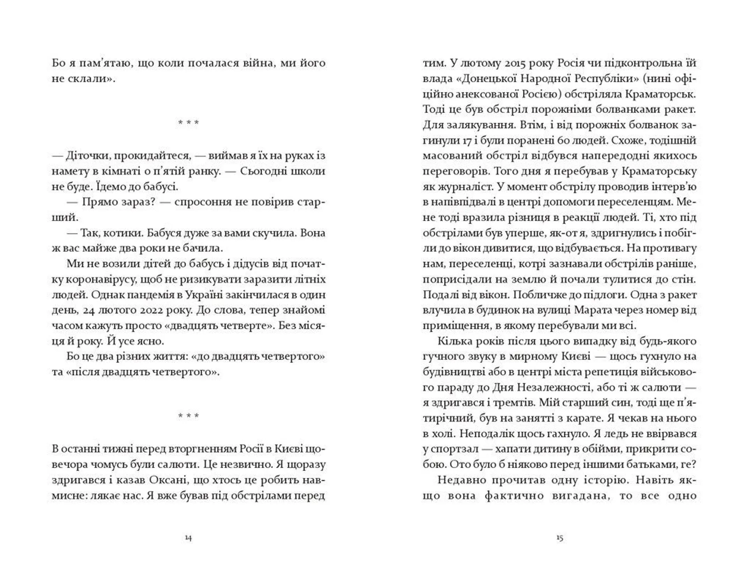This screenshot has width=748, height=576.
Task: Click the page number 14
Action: click(188, 538)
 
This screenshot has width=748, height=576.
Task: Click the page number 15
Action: click(559, 538)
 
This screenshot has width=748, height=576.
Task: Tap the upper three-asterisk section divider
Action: click(188, 123)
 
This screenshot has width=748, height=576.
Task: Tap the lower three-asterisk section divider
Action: click(188, 416)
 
